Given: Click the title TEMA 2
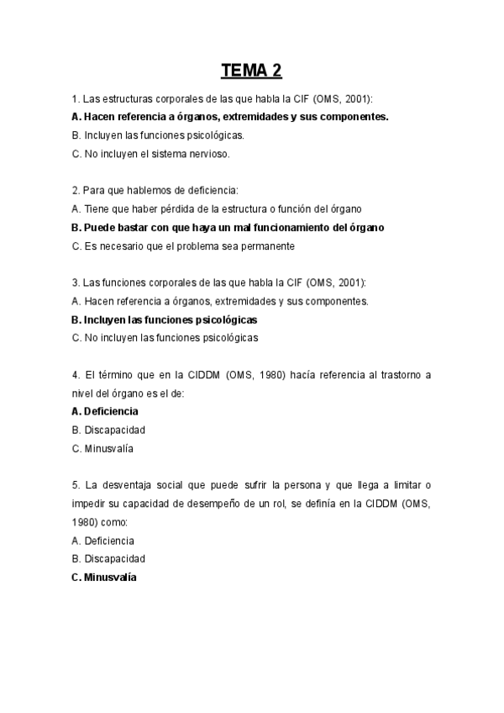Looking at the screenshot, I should tap(251, 70).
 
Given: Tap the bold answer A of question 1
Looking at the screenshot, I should tap(230, 116).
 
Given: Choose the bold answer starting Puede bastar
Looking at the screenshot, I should tap(228, 227).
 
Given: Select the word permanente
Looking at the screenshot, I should tap(265, 246).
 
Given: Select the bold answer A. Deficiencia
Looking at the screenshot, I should tap(105, 411).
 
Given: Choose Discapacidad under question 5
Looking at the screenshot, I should tap(109, 558).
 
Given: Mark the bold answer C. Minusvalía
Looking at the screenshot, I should tap(104, 578).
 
